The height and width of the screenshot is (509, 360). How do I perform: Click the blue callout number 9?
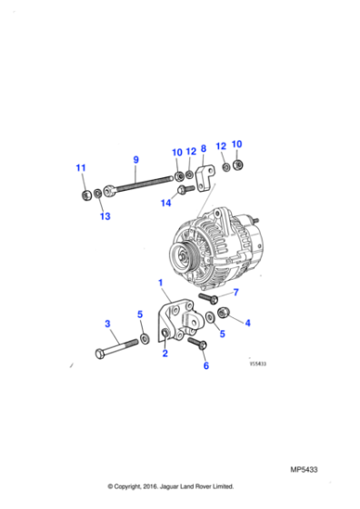(x=135, y=160)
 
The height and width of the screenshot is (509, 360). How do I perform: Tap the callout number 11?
(x=81, y=168)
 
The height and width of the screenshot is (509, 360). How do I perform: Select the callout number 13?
(x=105, y=216)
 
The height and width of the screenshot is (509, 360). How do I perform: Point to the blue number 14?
(x=165, y=204)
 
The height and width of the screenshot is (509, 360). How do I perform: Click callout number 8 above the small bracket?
(x=203, y=148)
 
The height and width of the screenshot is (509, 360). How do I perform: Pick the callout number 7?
(x=235, y=292)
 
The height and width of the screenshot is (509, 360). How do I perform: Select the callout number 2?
(x=165, y=354)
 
